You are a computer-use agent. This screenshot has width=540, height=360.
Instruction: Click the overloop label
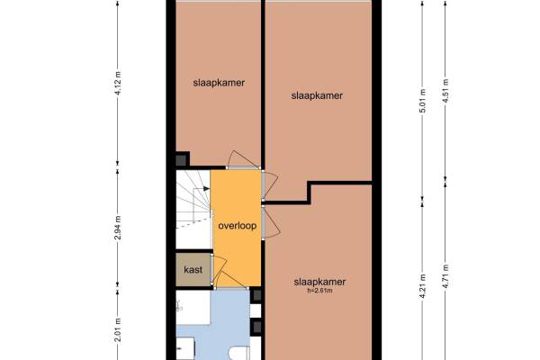coord(238,226)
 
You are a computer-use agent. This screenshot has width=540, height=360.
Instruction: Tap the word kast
coord(193,269)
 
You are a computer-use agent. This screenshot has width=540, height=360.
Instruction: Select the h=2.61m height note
coord(319,291)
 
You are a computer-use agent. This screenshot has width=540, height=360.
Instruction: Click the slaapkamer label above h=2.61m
coord(319,282)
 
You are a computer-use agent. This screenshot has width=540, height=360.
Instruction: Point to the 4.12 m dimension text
coord(118,83)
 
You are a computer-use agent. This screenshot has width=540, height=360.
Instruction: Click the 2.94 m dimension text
coord(118,228)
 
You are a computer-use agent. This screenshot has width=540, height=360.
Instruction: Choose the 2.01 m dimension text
coord(118,329)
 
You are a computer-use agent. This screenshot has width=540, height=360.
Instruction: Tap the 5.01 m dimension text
coord(423,100)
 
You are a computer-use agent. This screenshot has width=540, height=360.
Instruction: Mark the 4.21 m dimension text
coord(423,286)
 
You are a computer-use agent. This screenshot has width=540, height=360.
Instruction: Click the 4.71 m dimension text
coord(445,276)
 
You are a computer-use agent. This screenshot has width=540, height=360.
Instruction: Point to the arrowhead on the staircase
coord(207,188)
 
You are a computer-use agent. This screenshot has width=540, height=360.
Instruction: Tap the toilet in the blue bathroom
coord(239,353)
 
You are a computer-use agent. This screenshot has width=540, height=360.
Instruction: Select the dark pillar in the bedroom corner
coord(181,160)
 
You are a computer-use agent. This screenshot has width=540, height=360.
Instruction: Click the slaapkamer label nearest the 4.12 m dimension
coord(219,83)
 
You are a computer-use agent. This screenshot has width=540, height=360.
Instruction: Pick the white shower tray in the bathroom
coord(193,307)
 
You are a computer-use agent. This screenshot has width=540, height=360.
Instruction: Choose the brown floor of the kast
coord(193,270)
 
